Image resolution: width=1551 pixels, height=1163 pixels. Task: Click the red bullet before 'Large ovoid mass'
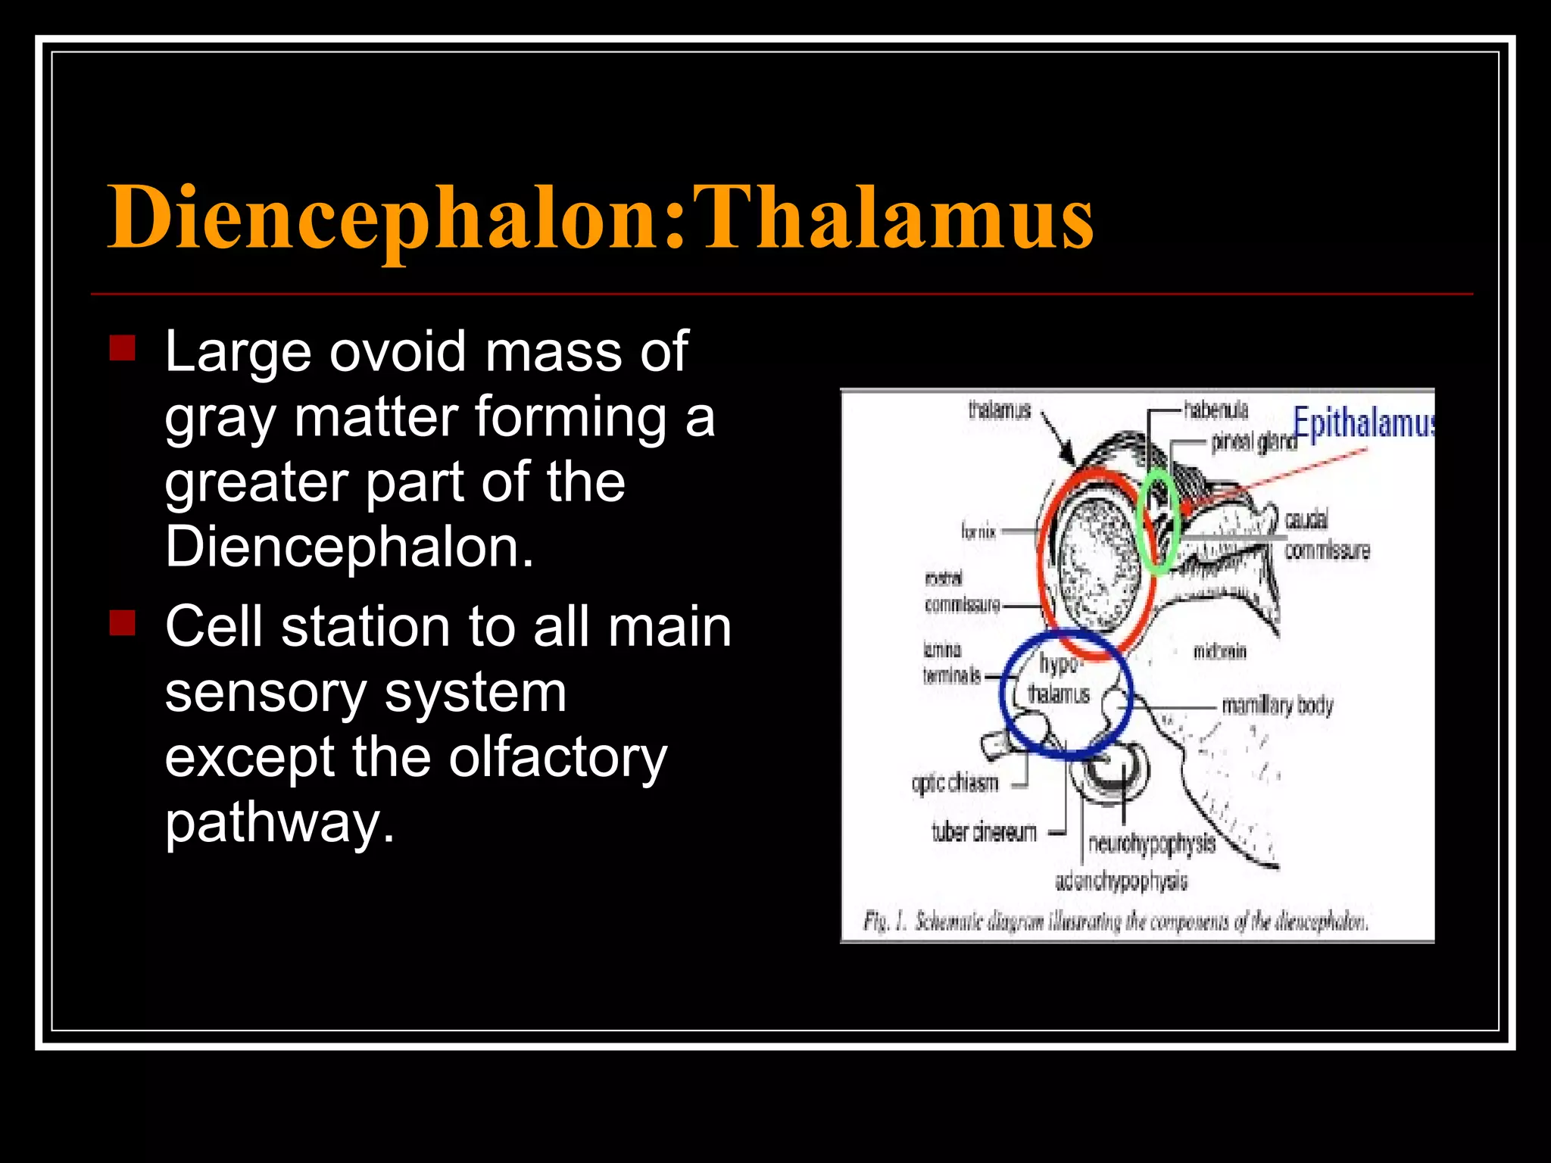coord(122,348)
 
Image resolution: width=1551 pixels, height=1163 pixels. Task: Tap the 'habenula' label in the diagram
coord(1216,410)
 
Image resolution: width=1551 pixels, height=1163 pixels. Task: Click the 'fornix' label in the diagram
coord(978,532)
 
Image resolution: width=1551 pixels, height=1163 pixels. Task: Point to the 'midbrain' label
coord(1219,651)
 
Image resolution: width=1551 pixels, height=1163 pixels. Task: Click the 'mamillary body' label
coord(1278,706)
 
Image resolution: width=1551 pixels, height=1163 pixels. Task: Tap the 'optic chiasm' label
coord(955,783)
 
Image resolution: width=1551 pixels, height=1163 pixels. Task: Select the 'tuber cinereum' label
coord(984,833)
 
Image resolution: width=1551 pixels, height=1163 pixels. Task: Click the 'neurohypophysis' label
coord(1151,843)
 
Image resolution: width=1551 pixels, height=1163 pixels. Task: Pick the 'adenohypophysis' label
coord(1122,881)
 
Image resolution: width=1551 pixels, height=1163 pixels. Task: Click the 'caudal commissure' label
coord(1327,535)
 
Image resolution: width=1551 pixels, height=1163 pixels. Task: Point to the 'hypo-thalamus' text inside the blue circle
coord(1059,679)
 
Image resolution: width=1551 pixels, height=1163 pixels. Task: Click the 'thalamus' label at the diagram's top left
coord(1000,410)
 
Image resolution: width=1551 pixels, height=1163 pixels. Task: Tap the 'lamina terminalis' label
coord(951,663)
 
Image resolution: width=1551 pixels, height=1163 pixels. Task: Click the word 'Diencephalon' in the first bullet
coord(350,547)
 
